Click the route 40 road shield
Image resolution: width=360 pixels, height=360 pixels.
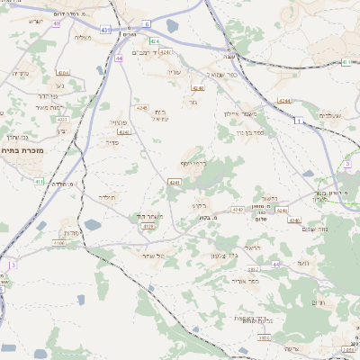56,23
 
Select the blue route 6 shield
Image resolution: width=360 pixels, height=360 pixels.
147,26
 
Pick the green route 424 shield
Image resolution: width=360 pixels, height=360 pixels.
154,40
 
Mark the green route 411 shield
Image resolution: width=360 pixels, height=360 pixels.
39,181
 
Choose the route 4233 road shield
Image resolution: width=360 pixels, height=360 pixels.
62,119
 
